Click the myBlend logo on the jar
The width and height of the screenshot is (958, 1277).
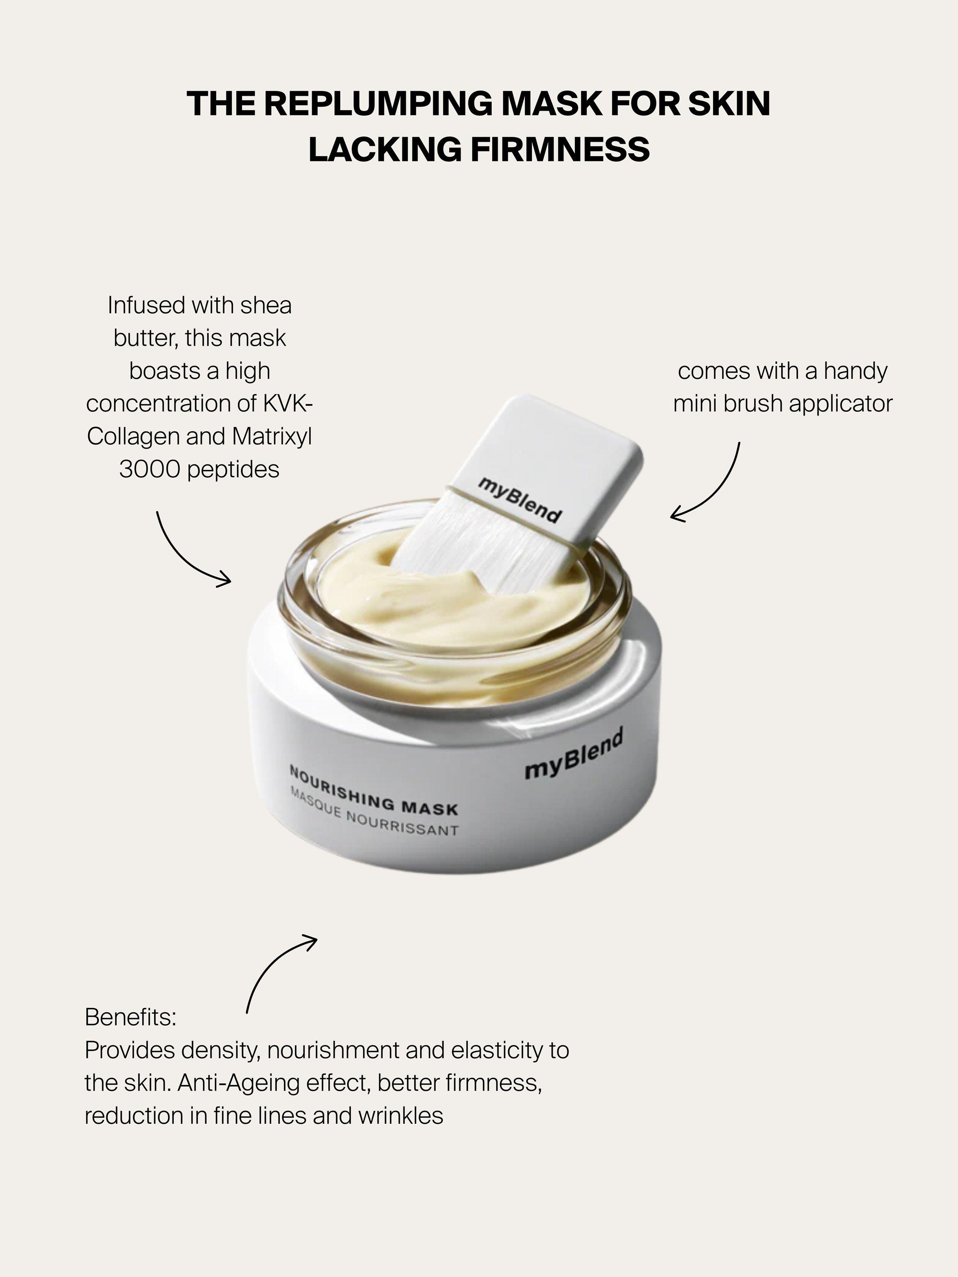(574, 754)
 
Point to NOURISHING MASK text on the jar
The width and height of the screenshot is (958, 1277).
(373, 791)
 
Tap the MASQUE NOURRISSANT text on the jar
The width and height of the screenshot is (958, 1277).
(374, 815)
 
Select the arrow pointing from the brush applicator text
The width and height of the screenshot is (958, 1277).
(707, 488)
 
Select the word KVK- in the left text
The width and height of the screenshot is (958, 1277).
(287, 404)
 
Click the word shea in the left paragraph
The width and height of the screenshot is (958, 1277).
(266, 305)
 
